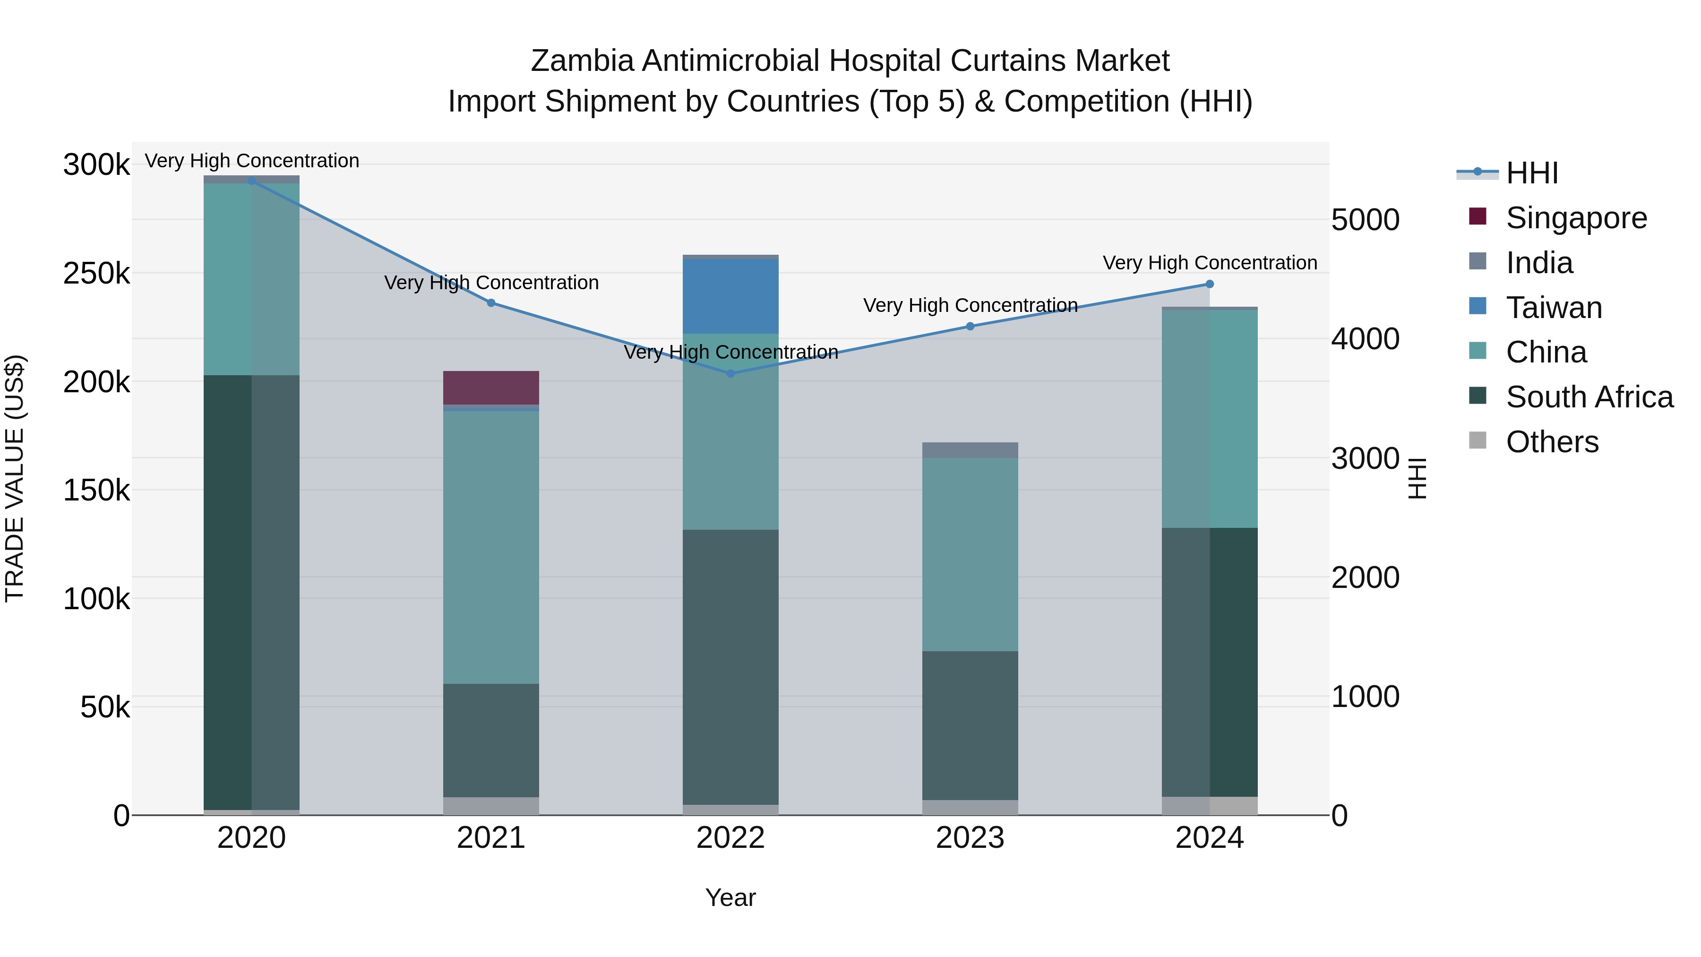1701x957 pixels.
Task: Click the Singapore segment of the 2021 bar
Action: coord(490,388)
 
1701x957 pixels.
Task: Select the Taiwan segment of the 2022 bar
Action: coord(730,296)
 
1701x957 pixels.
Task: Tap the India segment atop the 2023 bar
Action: coord(970,450)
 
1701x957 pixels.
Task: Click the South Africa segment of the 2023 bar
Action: coord(970,725)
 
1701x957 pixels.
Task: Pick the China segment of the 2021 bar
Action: coord(490,547)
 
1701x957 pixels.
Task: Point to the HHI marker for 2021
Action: coord(490,303)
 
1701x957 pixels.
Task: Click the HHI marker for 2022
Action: coord(730,374)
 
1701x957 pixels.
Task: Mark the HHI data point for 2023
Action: coord(970,326)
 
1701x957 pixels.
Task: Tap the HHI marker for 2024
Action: coord(1210,284)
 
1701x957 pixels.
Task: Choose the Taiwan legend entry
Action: coord(1553,308)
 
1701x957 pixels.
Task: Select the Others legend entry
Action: coord(1552,442)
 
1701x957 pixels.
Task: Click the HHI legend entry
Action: coord(1532,173)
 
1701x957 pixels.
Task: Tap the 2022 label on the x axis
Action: coord(730,838)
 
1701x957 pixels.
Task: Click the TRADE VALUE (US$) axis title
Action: coord(15,478)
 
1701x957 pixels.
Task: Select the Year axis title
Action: coord(730,897)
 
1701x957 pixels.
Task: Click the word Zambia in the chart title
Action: coord(583,61)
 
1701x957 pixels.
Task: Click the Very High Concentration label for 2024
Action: coord(1210,263)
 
